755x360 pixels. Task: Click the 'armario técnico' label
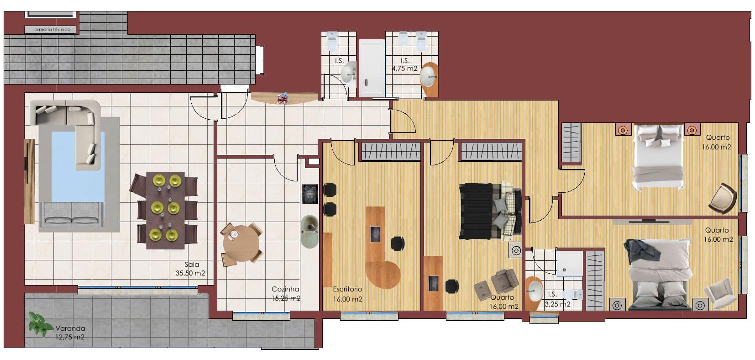pyautogui.click(x=52, y=30)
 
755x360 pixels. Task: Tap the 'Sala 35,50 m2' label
pyautogui.click(x=190, y=269)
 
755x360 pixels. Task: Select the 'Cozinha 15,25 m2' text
pyautogui.click(x=286, y=294)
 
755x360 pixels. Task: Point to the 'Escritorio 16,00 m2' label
pyautogui.click(x=347, y=294)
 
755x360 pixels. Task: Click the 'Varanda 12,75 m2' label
pyautogui.click(x=70, y=332)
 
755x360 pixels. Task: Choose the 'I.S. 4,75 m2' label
pyautogui.click(x=405, y=65)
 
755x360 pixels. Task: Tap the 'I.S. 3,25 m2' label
pyautogui.click(x=557, y=299)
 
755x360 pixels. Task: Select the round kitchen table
pyautogui.click(x=241, y=244)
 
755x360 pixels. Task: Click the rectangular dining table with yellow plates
pyautogui.click(x=166, y=211)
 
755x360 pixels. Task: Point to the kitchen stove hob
pyautogui.click(x=310, y=194)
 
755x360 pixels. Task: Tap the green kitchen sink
pyautogui.click(x=310, y=232)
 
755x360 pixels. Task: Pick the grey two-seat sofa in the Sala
pyautogui.click(x=72, y=213)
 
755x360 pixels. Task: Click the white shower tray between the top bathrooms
pyautogui.click(x=372, y=68)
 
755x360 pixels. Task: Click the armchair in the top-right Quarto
pyautogui.click(x=723, y=199)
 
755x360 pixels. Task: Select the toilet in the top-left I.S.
pyautogui.click(x=332, y=41)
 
